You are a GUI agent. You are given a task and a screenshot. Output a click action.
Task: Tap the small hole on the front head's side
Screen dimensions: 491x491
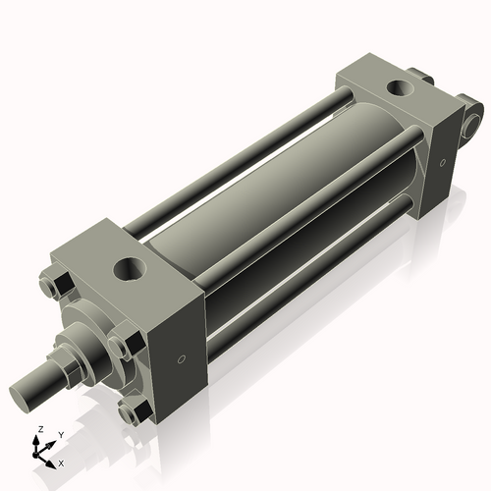181,359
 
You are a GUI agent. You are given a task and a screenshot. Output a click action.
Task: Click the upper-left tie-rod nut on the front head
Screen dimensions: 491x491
55,285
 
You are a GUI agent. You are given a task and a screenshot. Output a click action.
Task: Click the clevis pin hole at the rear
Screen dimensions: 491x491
474,123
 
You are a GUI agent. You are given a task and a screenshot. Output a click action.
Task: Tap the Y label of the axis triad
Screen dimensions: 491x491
60,433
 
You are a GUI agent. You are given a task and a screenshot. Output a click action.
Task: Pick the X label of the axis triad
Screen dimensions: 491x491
62,462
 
